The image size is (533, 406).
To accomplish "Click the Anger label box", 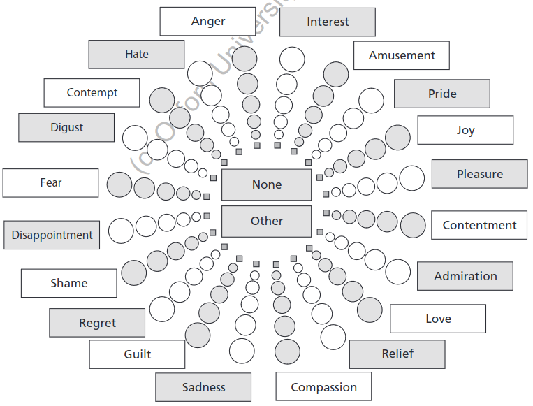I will (207, 22).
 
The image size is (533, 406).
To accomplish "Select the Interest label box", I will (328, 22).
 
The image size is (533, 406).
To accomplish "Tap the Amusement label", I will (402, 56).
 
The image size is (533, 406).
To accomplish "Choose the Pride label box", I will (442, 94).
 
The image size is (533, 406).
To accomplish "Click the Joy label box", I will (465, 131).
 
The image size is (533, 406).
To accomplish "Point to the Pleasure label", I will (479, 174).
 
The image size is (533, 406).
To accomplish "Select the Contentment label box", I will (479, 225).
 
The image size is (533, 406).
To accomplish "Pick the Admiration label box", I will (465, 276).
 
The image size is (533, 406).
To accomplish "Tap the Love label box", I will (438, 319).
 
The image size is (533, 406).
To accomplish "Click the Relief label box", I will (397, 354).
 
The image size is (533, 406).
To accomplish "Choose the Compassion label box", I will (323, 387).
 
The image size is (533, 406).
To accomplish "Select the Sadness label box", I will (203, 387).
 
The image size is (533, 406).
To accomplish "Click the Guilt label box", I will (137, 354).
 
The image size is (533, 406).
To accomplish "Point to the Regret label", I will (97, 323).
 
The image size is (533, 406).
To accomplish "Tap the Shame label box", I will (68, 283).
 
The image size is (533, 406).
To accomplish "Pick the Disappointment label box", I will (52, 235).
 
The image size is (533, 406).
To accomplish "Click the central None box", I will (266, 185).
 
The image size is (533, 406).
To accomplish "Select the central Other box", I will (266, 222).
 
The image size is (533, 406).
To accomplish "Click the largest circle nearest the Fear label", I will (119, 184).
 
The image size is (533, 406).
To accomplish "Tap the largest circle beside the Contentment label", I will (412, 225).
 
